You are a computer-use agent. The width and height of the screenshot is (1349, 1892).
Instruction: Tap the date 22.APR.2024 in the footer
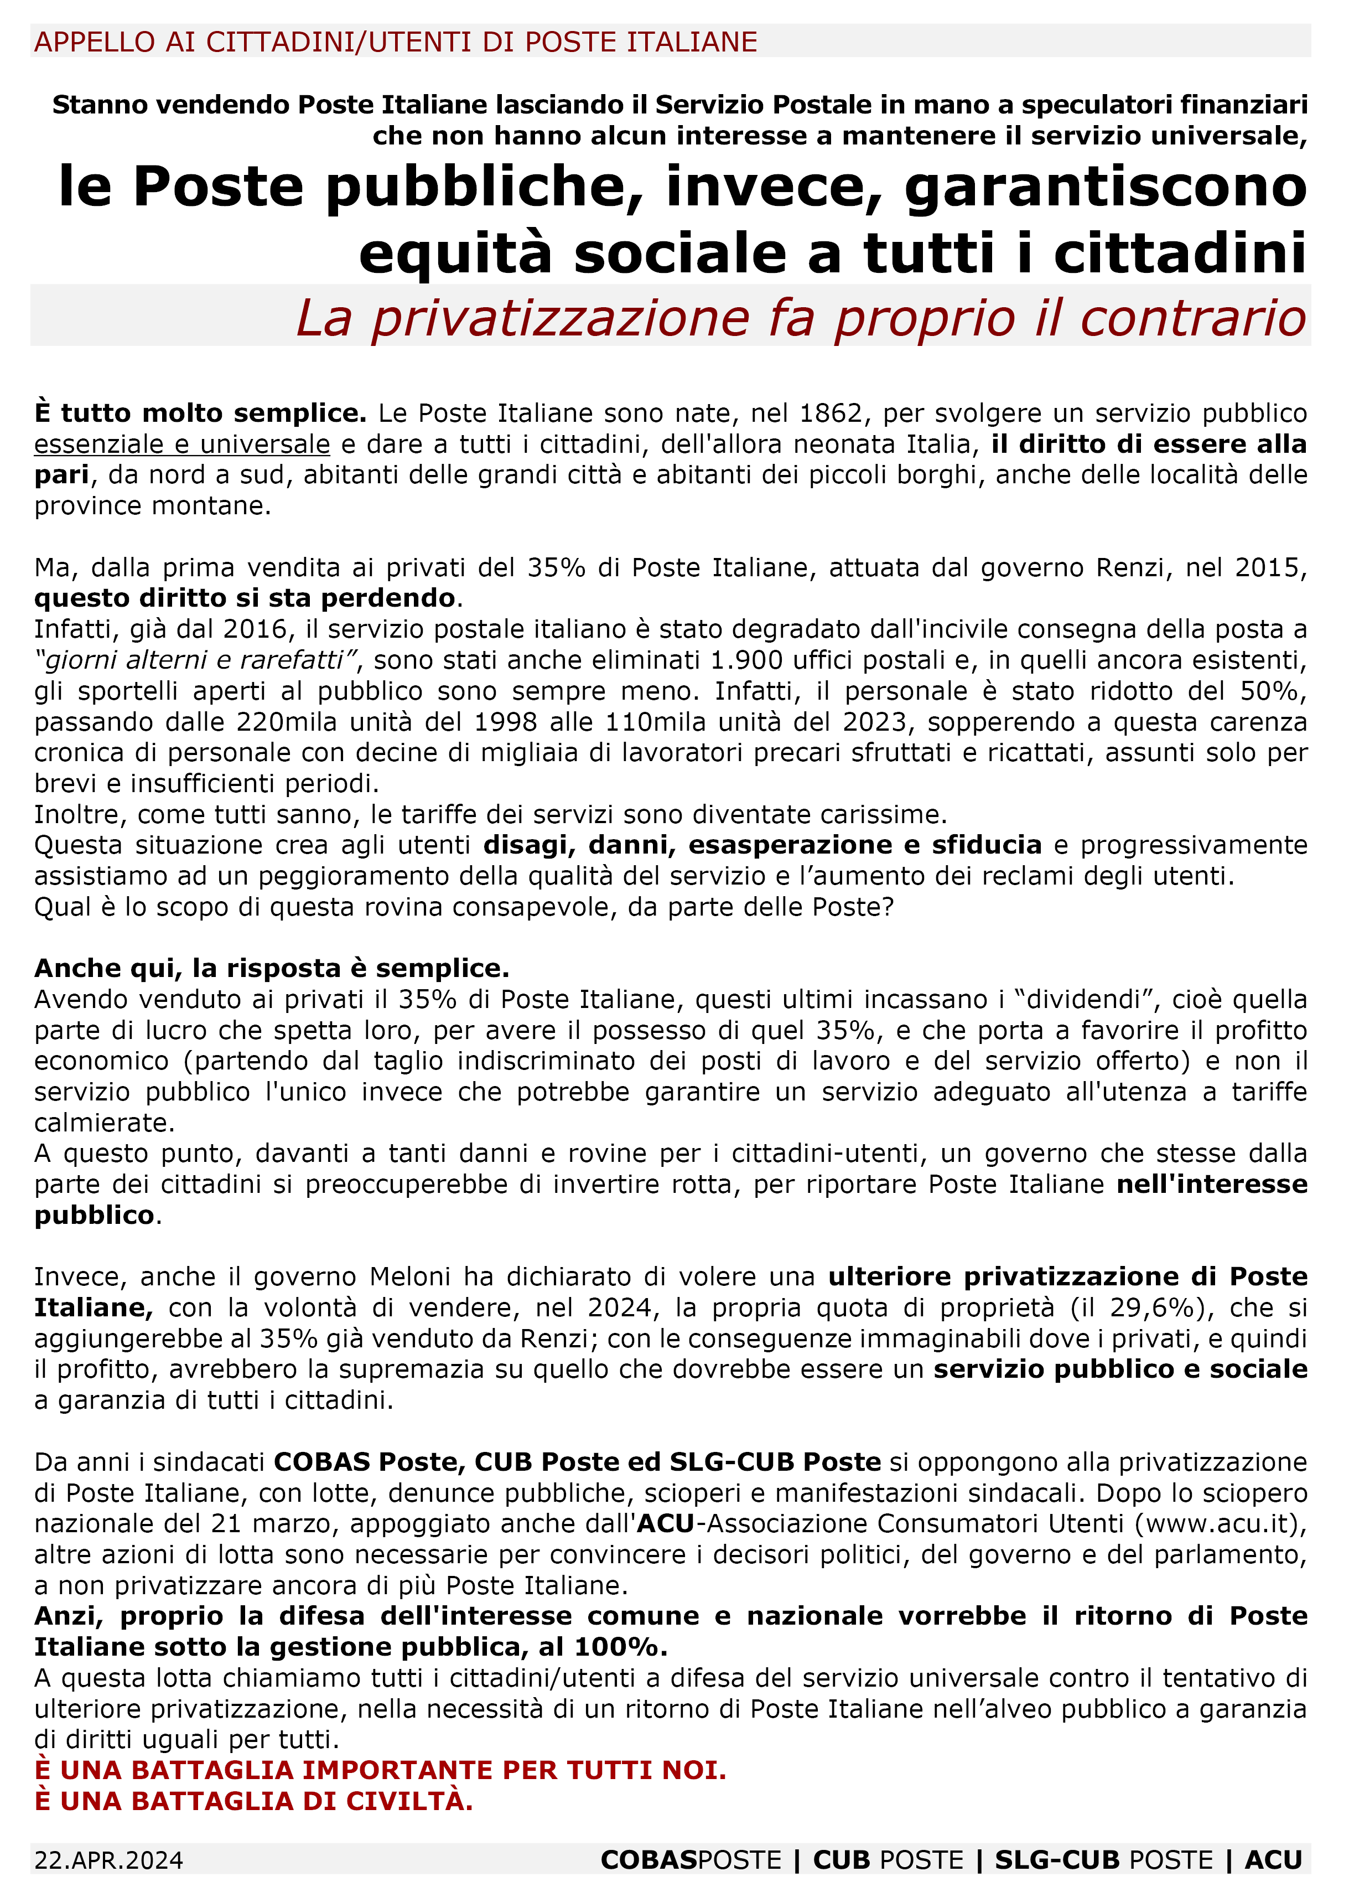click(109, 1859)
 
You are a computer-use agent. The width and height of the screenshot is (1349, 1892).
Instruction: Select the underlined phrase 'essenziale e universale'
click(182, 444)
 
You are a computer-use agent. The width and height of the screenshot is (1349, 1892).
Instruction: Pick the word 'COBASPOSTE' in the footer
click(691, 1859)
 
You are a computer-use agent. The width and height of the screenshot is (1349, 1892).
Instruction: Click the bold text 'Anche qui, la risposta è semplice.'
click(272, 968)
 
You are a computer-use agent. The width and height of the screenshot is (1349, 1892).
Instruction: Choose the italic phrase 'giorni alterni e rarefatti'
click(196, 660)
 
